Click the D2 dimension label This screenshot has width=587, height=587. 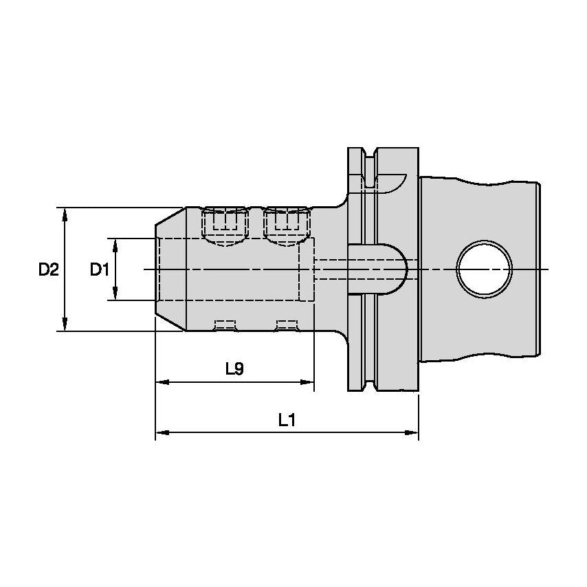48,270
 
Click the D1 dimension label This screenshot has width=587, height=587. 100,270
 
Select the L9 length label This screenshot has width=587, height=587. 234,369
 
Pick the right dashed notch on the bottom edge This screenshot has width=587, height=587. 287,324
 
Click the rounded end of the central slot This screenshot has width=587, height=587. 402,269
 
